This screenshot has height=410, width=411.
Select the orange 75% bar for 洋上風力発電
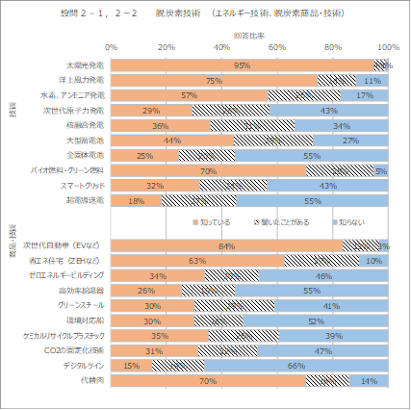215,80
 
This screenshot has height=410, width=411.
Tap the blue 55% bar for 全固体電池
312,155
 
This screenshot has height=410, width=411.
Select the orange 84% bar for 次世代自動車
228,245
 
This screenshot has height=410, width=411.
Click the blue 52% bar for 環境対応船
316,320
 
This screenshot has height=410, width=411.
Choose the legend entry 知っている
211,222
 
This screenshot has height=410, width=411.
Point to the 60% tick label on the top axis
278,46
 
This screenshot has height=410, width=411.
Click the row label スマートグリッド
82,185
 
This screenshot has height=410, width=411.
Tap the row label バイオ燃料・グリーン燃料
70,170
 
